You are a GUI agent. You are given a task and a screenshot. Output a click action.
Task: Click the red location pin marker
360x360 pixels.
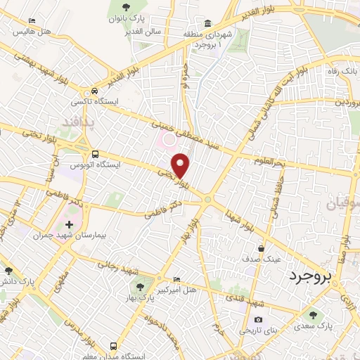click(181, 166)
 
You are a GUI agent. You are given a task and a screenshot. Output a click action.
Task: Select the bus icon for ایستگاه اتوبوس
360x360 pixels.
click(94, 154)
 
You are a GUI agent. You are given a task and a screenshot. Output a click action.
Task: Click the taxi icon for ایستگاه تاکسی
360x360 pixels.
click(94, 92)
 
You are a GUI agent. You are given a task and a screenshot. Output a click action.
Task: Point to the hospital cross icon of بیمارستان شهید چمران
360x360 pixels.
click(68, 224)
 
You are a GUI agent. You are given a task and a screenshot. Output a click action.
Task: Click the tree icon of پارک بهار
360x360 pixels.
click(139, 287)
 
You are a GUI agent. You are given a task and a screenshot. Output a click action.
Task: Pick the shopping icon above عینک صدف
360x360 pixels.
click(262, 247)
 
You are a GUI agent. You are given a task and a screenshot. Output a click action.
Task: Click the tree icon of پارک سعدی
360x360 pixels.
click(313, 316)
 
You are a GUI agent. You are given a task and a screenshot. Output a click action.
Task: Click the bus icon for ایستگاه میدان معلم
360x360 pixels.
click(113, 346)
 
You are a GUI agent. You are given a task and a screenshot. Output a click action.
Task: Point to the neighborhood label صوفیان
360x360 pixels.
click(342, 205)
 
